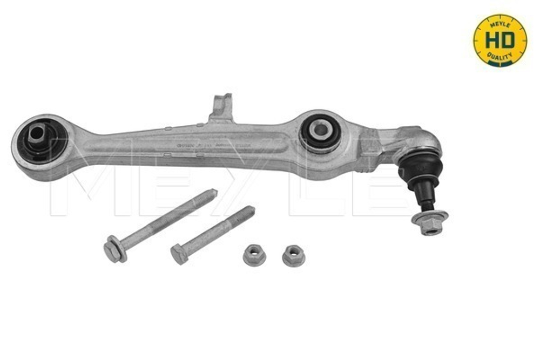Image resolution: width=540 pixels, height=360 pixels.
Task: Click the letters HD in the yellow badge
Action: click(500, 40)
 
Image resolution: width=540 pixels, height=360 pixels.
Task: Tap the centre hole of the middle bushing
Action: click(320, 128)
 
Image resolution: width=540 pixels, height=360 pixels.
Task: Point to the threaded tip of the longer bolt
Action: click(208, 195)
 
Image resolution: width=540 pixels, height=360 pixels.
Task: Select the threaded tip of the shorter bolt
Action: click(246, 212)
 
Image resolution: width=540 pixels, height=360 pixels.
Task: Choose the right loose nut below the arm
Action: click(293, 255)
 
